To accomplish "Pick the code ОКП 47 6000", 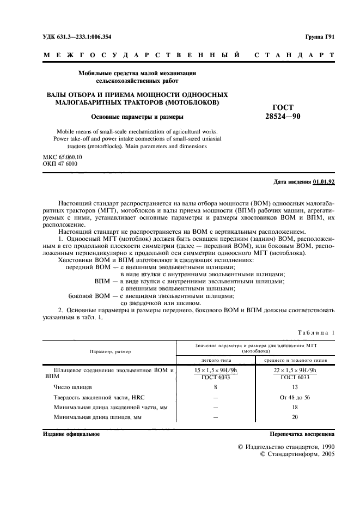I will coord(59,164).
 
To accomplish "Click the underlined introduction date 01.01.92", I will coord(324,181).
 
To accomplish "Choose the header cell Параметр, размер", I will coord(111,351).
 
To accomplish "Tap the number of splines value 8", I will coord(216,386).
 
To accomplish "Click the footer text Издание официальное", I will coord(71,434).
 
